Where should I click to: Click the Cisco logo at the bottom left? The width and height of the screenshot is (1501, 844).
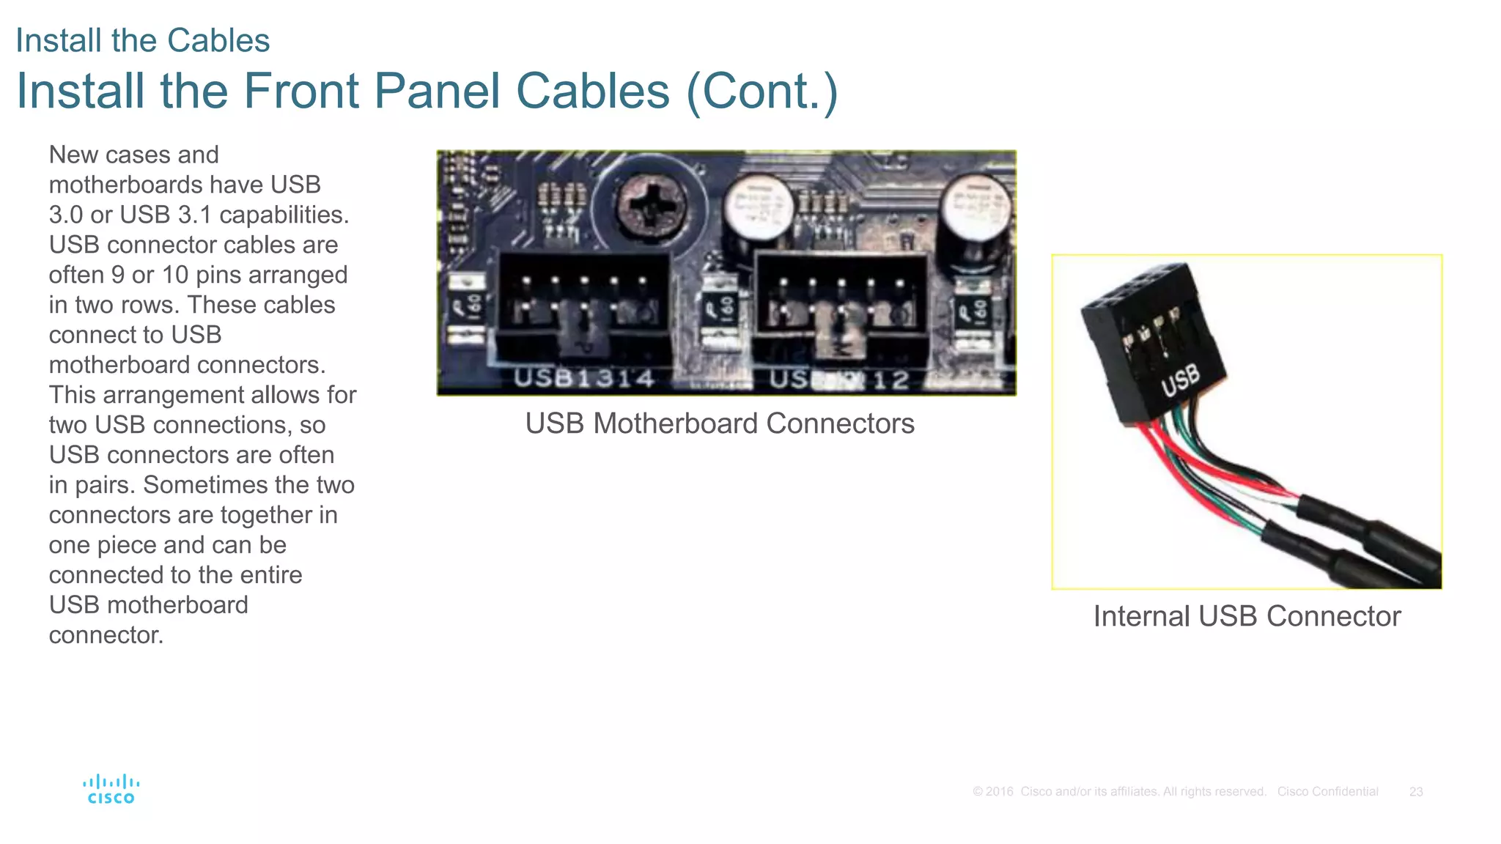click(111, 790)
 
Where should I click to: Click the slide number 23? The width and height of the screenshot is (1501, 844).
click(1415, 792)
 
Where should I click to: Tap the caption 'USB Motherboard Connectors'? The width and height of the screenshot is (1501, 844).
click(719, 423)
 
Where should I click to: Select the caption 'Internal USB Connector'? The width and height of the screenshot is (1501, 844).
click(1246, 616)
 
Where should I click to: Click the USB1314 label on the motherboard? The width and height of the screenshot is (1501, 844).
click(583, 378)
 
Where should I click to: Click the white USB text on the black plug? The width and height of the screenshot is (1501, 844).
click(1181, 380)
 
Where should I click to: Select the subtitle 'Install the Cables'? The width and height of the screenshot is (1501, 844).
click(142, 40)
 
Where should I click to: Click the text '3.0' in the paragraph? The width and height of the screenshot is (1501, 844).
click(65, 215)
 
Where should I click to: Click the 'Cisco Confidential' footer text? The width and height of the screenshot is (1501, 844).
click(1327, 792)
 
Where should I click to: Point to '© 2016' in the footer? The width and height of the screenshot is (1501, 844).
click(992, 792)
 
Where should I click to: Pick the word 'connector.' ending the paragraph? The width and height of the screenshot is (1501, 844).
click(106, 635)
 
